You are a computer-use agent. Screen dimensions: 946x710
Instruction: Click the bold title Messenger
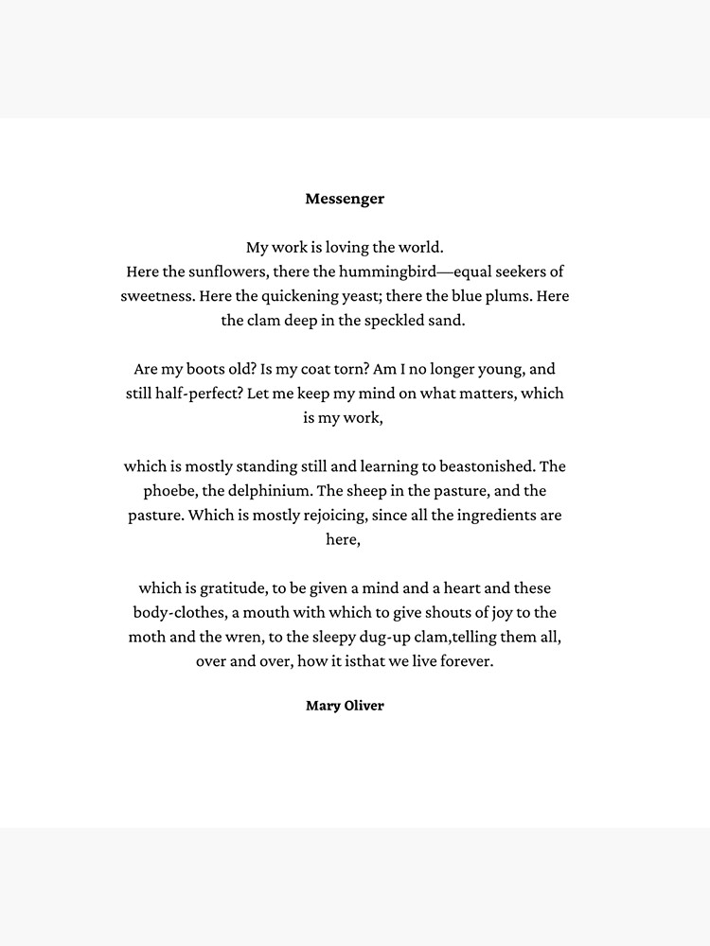pos(345,199)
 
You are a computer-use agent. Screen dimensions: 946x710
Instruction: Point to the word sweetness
pos(157,296)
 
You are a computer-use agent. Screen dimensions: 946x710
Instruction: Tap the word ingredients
pos(492,516)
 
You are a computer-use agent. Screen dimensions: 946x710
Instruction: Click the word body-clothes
pos(177,613)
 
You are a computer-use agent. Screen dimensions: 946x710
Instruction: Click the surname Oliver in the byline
pos(364,706)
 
